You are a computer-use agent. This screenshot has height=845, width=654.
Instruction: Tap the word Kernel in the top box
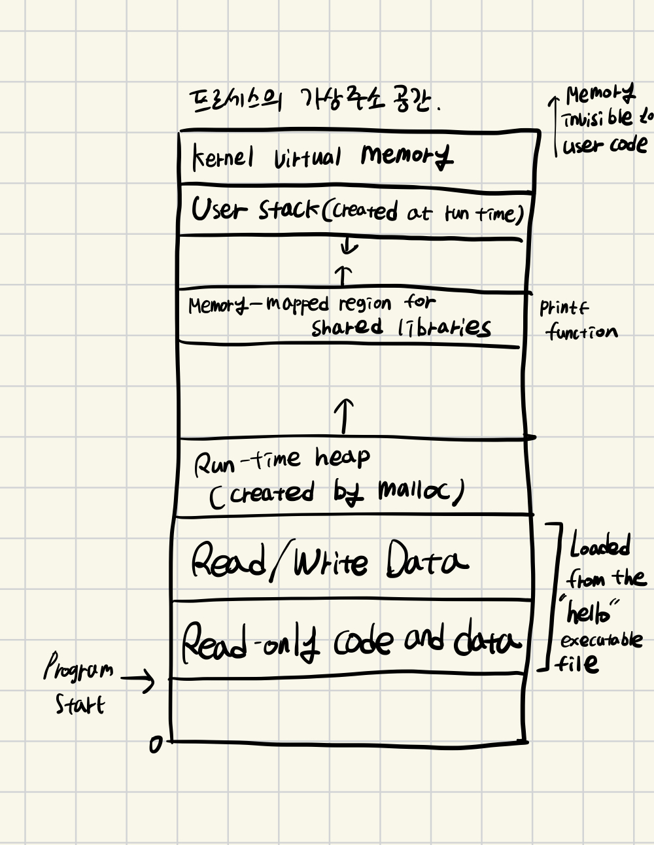[x=222, y=157]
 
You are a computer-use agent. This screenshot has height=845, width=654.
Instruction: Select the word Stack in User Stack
[x=288, y=210]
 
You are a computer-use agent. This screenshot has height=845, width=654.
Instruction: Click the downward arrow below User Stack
[x=350, y=246]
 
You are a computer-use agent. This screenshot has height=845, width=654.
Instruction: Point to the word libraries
[x=444, y=327]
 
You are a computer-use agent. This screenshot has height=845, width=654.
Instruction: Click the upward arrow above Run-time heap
[x=345, y=415]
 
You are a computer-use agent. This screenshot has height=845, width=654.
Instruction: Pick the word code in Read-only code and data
[x=364, y=641]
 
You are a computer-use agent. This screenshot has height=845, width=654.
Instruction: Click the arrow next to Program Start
[x=138, y=680]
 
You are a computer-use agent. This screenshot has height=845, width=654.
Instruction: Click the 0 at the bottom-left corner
[x=155, y=744]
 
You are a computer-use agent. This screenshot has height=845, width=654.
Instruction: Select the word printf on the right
[x=564, y=307]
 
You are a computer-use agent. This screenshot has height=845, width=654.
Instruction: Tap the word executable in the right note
[x=601, y=640]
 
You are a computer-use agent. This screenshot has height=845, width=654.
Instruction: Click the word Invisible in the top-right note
[x=596, y=118]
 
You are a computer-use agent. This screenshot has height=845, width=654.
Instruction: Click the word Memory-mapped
[x=258, y=304]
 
